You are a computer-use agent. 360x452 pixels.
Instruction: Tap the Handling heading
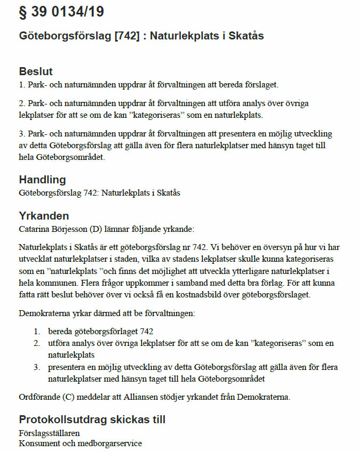43,180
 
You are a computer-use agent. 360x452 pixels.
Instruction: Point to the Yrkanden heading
44,216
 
